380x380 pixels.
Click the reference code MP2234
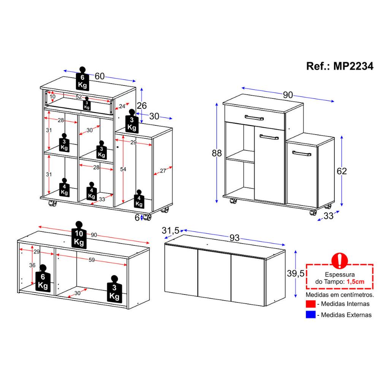353,66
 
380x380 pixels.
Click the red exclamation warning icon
339,261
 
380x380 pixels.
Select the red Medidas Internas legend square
310,304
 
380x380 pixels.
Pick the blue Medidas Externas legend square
310,315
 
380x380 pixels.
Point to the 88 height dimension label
217,153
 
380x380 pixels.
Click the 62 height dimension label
342,171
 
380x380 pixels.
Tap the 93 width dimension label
234,238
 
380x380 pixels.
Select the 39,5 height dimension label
295,273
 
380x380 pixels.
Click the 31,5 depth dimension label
170,230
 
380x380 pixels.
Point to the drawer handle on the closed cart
254,118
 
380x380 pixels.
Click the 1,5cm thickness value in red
355,282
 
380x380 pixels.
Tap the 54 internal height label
123,169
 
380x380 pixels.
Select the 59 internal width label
92,260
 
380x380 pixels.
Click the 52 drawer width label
79,97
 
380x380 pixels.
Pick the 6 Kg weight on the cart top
82,79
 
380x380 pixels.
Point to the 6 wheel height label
137,218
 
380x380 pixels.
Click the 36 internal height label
32,265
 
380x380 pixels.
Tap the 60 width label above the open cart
99,76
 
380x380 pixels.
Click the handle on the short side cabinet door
302,154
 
